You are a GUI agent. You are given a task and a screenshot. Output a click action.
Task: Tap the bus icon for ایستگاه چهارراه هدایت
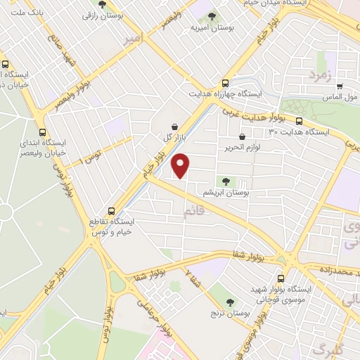(x=225, y=82)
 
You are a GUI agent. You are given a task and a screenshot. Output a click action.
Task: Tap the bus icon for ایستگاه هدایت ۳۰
(x=300, y=122)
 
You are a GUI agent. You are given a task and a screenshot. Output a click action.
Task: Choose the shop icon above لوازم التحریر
(x=243, y=138)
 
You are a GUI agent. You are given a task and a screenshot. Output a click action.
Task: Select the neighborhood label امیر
(x=134, y=36)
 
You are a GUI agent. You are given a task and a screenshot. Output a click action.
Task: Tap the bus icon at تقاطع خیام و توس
(x=112, y=210)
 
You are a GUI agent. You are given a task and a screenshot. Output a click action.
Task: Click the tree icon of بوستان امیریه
(x=213, y=16)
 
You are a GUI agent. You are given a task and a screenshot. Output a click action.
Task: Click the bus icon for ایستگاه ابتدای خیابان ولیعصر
(x=44, y=131)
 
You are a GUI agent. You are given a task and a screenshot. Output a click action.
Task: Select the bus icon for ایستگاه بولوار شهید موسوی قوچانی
(x=281, y=278)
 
